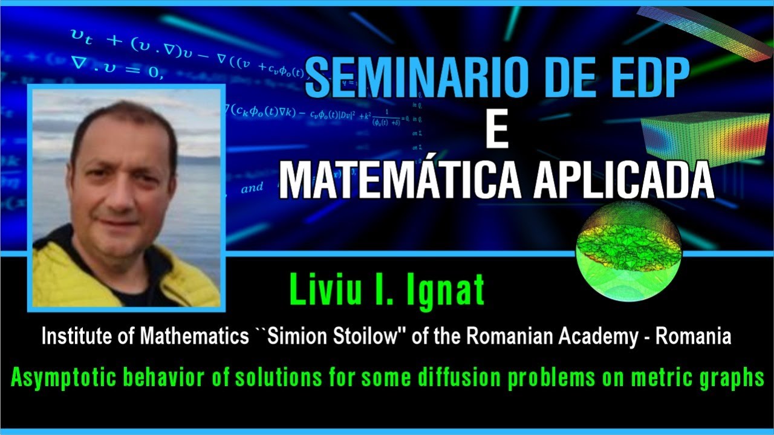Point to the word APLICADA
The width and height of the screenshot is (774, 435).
tap(623, 179)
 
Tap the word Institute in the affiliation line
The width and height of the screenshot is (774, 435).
tap(71, 337)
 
